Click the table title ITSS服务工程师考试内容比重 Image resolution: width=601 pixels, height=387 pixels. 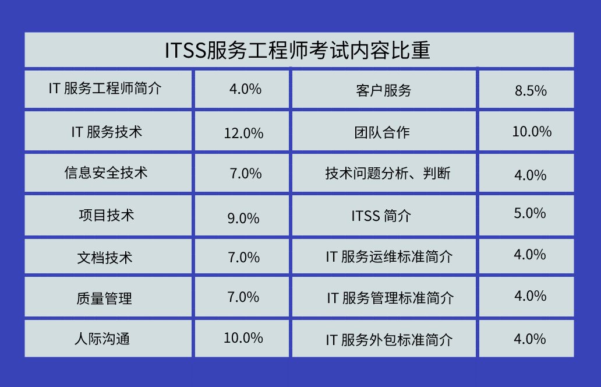point(298,50)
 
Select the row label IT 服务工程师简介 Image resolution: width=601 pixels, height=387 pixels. point(105,89)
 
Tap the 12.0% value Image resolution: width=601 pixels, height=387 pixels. point(244,133)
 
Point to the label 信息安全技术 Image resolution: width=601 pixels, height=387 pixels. point(106,173)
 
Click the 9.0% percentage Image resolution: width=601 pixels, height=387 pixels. point(243,218)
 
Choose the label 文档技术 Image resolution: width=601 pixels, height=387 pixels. point(105,258)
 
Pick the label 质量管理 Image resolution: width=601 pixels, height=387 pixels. point(104,298)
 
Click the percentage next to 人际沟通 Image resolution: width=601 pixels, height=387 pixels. point(243,338)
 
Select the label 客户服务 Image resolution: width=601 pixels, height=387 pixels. point(383,91)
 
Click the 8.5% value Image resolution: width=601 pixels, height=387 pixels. point(531,91)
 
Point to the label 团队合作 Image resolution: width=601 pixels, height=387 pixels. point(382,133)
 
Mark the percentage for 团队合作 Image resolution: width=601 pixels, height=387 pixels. point(532,132)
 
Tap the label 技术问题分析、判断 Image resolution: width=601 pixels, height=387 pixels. point(388,173)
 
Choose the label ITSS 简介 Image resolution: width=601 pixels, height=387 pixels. point(381,216)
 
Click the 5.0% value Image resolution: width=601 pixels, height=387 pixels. point(530,213)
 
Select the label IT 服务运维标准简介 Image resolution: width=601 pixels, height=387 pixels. point(390,256)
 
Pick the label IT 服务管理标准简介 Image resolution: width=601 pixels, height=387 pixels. point(391,298)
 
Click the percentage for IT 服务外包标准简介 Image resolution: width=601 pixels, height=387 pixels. point(530,339)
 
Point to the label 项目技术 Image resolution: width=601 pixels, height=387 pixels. point(107,215)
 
